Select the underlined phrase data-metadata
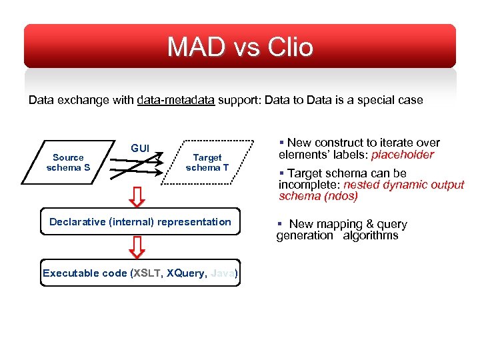[x=176, y=100]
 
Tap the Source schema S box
[x=68, y=163]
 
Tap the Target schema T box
[x=207, y=163]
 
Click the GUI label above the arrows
[x=140, y=148]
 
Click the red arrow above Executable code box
[x=137, y=247]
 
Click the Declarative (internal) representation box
[x=140, y=222]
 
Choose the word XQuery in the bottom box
[x=186, y=273]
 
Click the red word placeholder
[x=402, y=155]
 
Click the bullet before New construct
[x=282, y=143]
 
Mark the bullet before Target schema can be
[x=282, y=173]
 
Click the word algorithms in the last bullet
[x=371, y=235]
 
